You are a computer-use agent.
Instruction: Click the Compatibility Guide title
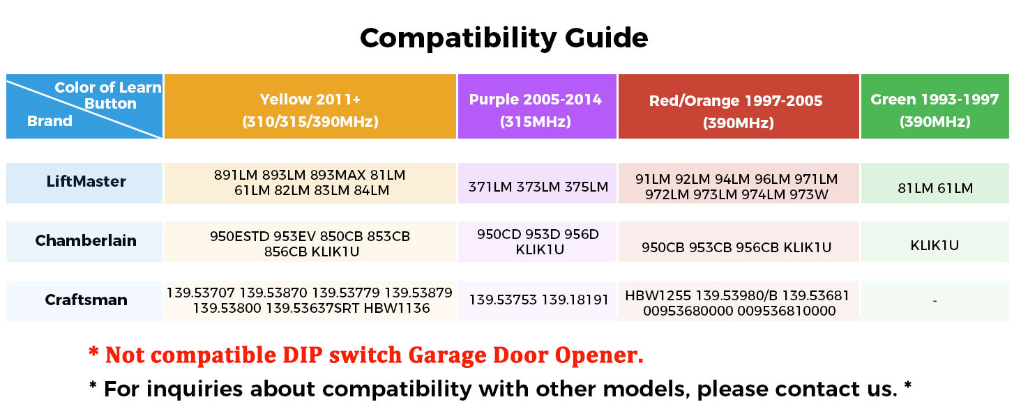(504, 37)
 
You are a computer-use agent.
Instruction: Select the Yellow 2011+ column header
(310, 109)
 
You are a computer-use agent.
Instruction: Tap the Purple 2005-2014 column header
(536, 109)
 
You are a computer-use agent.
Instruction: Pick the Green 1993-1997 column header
(935, 109)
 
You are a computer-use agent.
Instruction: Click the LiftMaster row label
(86, 182)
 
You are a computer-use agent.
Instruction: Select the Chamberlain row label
(86, 241)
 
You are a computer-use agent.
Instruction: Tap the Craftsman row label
(86, 300)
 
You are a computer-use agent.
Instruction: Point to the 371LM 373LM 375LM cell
(538, 187)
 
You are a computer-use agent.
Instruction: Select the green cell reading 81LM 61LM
(935, 188)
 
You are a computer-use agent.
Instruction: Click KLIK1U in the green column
(935, 245)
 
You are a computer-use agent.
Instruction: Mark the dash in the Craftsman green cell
(935, 301)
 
